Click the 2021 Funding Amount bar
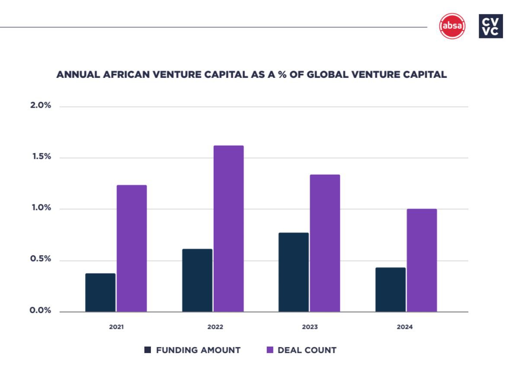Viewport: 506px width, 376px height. (100, 293)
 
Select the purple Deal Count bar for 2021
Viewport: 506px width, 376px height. (131, 249)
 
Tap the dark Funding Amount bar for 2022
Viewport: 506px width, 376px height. (197, 280)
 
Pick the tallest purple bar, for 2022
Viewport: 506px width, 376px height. (228, 229)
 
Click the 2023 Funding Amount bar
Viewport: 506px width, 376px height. (294, 272)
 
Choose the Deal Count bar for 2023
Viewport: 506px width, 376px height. (325, 243)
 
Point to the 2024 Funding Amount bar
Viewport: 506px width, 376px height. (391, 290)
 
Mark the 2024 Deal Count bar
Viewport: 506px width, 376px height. (422, 260)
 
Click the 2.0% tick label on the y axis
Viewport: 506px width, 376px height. (41, 106)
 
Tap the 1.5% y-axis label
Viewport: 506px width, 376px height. (41, 157)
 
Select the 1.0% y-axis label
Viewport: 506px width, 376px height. (41, 208)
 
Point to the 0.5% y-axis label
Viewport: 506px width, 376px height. (41, 259)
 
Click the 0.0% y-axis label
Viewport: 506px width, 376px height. (41, 311)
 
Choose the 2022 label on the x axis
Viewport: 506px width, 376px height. (215, 327)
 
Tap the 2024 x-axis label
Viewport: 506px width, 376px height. (405, 327)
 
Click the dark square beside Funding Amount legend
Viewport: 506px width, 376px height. (147, 350)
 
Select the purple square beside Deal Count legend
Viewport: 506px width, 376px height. (270, 350)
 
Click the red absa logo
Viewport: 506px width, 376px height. (452, 26)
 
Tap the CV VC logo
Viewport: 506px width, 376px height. (491, 26)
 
